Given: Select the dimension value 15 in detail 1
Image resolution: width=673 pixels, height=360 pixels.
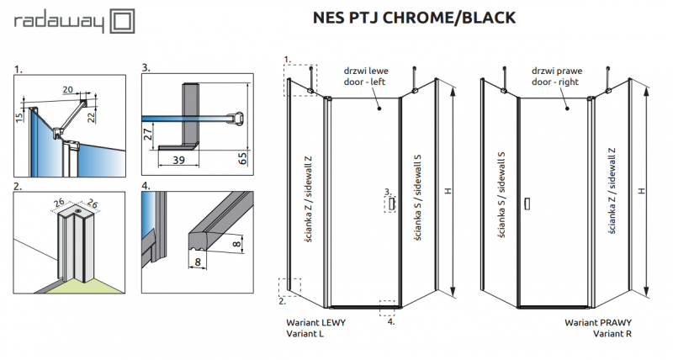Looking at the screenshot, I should [x=19, y=119].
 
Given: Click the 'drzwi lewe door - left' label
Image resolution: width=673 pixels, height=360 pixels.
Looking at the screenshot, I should [x=367, y=77].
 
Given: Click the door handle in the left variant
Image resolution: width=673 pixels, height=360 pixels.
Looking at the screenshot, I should [x=391, y=204].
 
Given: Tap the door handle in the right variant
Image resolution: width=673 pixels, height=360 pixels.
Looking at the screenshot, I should [x=527, y=203].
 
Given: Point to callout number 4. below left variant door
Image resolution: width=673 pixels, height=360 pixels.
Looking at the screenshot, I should [x=390, y=320].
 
